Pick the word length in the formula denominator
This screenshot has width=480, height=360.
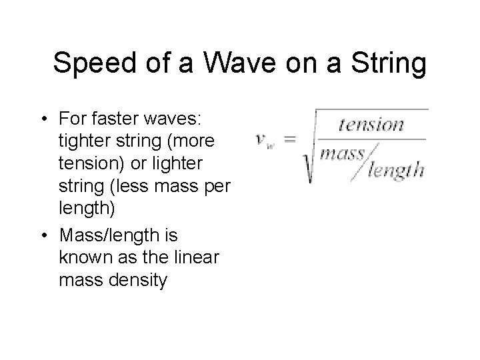[395, 171]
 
